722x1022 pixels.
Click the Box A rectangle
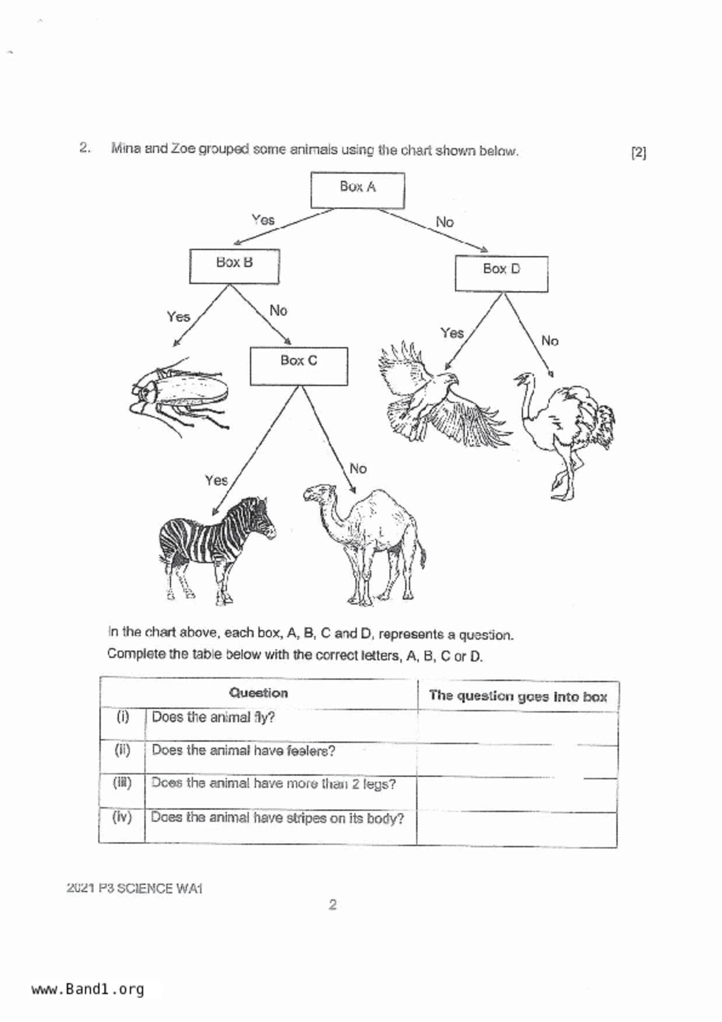pyautogui.click(x=357, y=190)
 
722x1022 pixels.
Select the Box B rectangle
pyautogui.click(x=234, y=266)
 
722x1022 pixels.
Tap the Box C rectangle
pyautogui.click(x=299, y=366)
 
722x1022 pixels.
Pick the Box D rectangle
pyautogui.click(x=501, y=273)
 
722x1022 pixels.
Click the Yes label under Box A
pyautogui.click(x=263, y=220)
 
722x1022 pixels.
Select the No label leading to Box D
pyautogui.click(x=445, y=222)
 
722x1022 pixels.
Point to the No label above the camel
pyautogui.click(x=358, y=468)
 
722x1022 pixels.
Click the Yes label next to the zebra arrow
pyautogui.click(x=216, y=480)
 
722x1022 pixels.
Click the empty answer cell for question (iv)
pyautogui.click(x=517, y=829)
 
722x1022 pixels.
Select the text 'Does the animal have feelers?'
pyautogui.click(x=243, y=750)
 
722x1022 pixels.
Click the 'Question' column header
pyautogui.click(x=258, y=693)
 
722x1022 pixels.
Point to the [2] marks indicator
pyautogui.click(x=639, y=153)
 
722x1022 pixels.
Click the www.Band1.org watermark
pyautogui.click(x=87, y=989)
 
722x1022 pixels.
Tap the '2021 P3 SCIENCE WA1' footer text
pyautogui.click(x=135, y=888)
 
